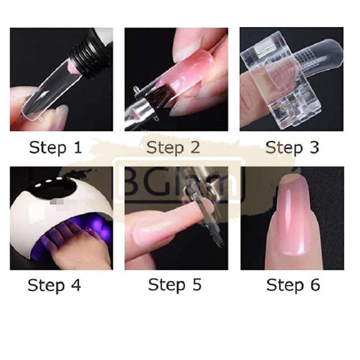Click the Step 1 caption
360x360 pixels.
[x=55, y=147]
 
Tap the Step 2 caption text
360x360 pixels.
[x=174, y=147]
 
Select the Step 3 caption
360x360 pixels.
[x=293, y=147]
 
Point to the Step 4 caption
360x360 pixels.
[x=54, y=285]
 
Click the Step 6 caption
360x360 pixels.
[x=293, y=285]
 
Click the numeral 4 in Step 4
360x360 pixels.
[x=74, y=285]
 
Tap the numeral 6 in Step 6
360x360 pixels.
[x=314, y=285]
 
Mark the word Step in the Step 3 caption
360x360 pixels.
[x=284, y=147]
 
